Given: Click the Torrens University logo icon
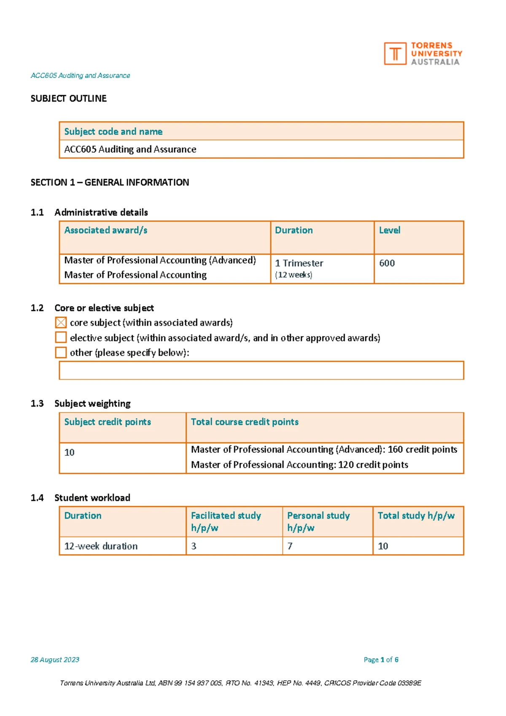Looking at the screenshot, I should point(395,54).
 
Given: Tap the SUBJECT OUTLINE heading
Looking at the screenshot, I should point(68,99).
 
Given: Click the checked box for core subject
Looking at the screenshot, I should point(61,323).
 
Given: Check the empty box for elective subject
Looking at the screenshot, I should point(61,337).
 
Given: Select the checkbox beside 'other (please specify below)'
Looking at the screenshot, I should point(61,353).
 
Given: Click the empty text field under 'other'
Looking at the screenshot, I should point(261,370).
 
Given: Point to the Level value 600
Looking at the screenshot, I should point(387,263).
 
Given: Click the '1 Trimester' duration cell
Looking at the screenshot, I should point(299,263).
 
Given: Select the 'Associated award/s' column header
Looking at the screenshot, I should point(106,230).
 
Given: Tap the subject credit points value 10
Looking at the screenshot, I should point(70,452).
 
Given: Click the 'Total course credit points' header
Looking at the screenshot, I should point(245,422).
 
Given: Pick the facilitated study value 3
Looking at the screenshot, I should point(194,546).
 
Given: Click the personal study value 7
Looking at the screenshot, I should point(290,546).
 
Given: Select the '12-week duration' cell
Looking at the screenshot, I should point(101,546).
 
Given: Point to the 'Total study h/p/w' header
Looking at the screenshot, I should point(416,516).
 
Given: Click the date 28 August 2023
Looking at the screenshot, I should point(55,659).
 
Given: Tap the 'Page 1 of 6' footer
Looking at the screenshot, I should point(381,659).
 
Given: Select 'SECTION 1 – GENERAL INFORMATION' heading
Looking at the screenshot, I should point(110,183).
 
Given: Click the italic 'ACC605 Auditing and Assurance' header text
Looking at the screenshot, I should point(80,75).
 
